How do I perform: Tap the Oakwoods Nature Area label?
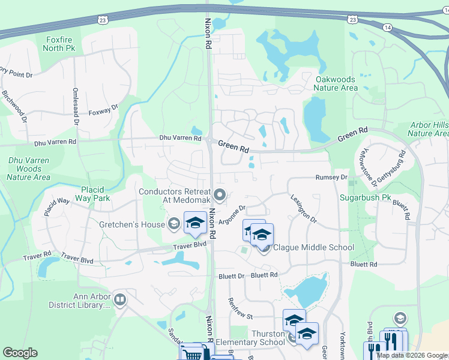[336, 83]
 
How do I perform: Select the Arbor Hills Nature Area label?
[429, 129]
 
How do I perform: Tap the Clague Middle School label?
[313, 247]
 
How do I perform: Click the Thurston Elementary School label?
[250, 338]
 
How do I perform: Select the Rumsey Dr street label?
[331, 178]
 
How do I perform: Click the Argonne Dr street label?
[233, 215]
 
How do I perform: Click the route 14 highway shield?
[388, 28]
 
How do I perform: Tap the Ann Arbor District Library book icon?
[120, 299]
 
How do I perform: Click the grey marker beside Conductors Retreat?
[220, 194]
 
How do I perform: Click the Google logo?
[20, 353]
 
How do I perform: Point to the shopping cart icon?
[192, 355]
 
